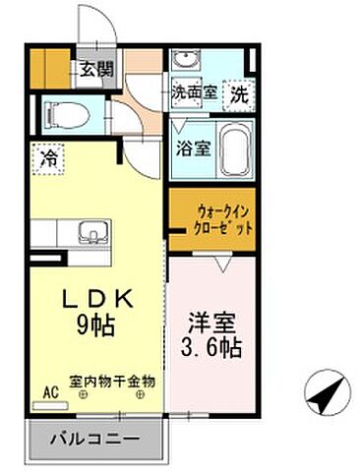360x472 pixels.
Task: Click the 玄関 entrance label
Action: click(x=94, y=70)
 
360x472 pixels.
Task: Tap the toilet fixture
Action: click(x=69, y=115)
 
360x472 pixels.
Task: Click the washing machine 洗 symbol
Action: click(x=239, y=96)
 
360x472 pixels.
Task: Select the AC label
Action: click(x=47, y=390)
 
